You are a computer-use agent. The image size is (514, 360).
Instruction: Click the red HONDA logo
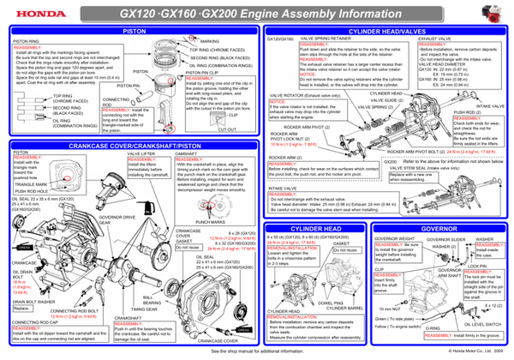coord(31,11)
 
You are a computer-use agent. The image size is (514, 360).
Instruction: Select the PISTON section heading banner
coord(134,32)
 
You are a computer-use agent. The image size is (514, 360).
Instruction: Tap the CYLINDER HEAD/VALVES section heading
coord(385,32)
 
